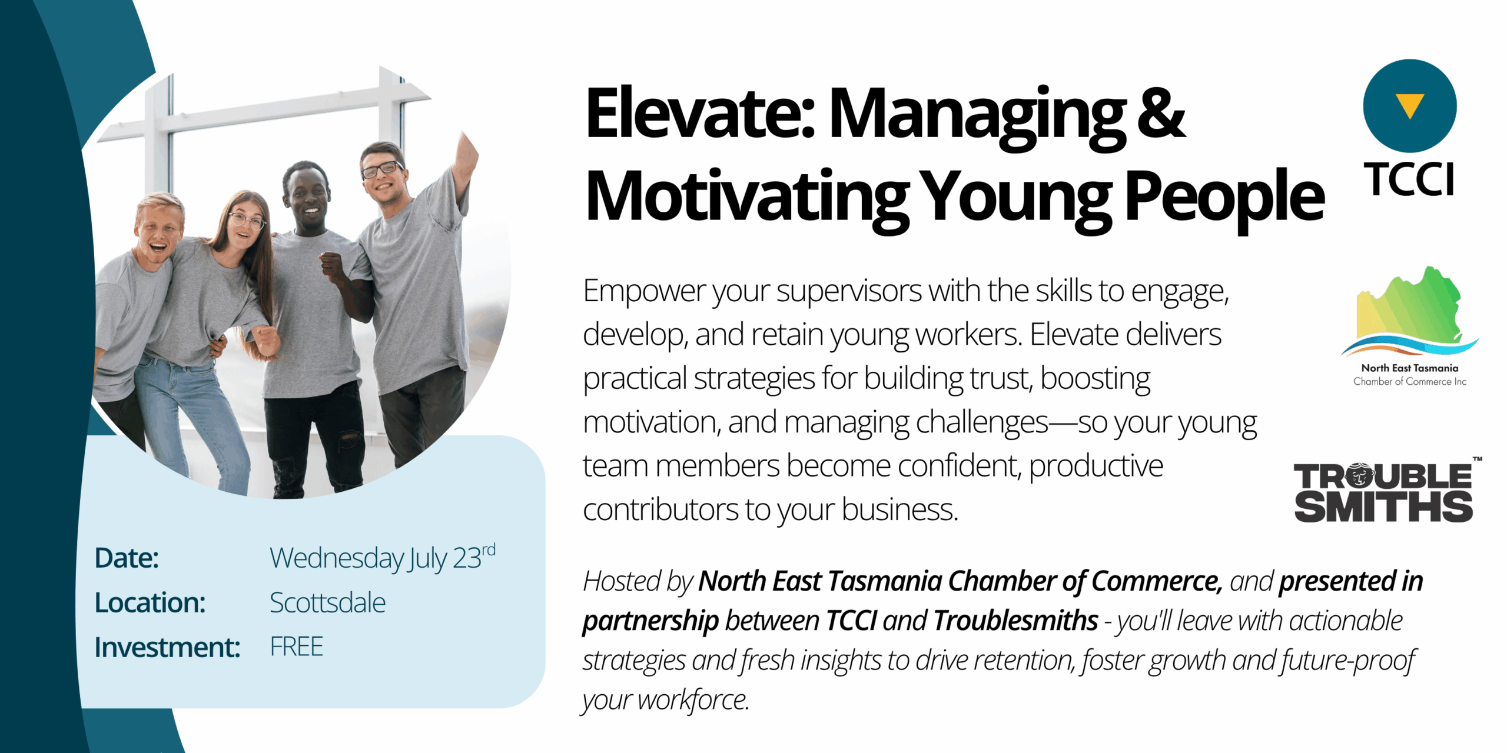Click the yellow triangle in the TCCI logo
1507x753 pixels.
[x=1409, y=105]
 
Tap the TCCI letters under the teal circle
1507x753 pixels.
[x=1410, y=179]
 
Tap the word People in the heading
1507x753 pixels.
[x=1224, y=197]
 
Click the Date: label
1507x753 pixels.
[x=127, y=558]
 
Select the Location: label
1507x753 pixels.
[x=150, y=602]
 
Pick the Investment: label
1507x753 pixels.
[x=168, y=647]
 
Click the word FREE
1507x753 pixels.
[x=296, y=647]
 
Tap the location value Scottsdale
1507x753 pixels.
[x=327, y=602]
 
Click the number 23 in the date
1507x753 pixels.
[x=467, y=558]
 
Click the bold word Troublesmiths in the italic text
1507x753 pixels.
[x=1016, y=620]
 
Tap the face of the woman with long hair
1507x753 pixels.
[x=244, y=226]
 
